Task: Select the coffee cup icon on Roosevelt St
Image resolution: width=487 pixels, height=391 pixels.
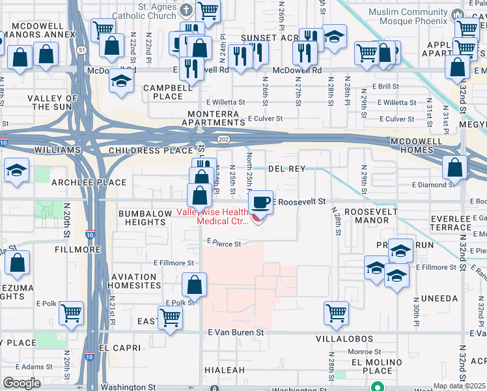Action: (260, 202)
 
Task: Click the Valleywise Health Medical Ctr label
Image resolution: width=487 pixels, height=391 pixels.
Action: (223, 216)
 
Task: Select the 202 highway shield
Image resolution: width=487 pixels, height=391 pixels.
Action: (223, 139)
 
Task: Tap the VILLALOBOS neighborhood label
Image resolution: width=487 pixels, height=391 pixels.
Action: (344, 340)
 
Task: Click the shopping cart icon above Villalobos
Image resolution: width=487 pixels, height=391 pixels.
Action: (336, 313)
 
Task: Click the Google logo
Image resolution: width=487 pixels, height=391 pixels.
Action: (21, 383)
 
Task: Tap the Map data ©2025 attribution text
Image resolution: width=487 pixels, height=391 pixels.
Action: (459, 386)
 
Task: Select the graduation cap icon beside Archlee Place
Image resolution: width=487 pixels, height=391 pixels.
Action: (17, 171)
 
